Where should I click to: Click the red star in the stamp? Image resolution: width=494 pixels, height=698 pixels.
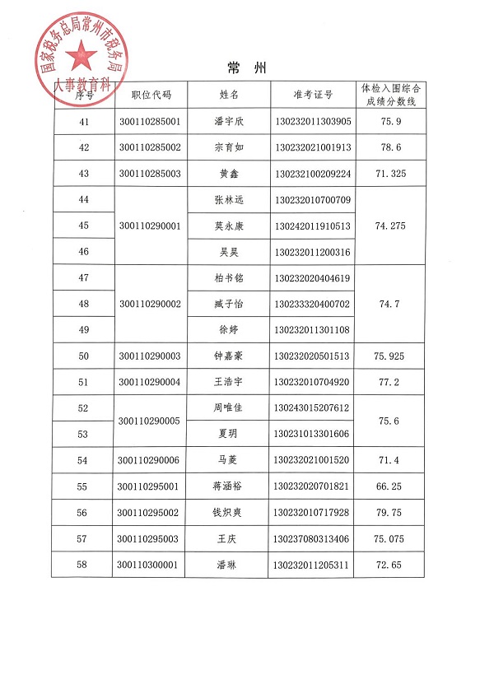click(82, 56)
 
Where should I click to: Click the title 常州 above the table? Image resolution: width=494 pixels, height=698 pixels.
click(245, 66)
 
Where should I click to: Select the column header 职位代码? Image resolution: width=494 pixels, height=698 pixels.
click(149, 95)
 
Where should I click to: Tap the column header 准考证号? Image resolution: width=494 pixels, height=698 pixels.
click(312, 95)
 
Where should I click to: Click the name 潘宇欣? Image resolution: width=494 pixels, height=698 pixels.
click(229, 122)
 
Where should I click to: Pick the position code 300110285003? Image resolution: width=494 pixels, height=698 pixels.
click(149, 174)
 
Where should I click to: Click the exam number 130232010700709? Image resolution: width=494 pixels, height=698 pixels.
click(313, 200)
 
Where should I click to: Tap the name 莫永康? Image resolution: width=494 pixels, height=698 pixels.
click(229, 226)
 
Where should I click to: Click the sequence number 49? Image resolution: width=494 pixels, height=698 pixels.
click(83, 330)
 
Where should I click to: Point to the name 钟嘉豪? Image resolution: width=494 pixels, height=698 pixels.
click(229, 356)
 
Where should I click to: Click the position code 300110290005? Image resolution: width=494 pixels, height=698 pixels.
click(149, 421)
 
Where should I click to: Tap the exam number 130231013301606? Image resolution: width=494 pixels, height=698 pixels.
click(313, 434)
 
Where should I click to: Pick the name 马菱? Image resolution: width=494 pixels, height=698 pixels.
click(229, 461)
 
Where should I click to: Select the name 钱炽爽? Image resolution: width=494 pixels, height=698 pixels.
click(229, 513)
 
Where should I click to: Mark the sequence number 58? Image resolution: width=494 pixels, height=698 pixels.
click(82, 565)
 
